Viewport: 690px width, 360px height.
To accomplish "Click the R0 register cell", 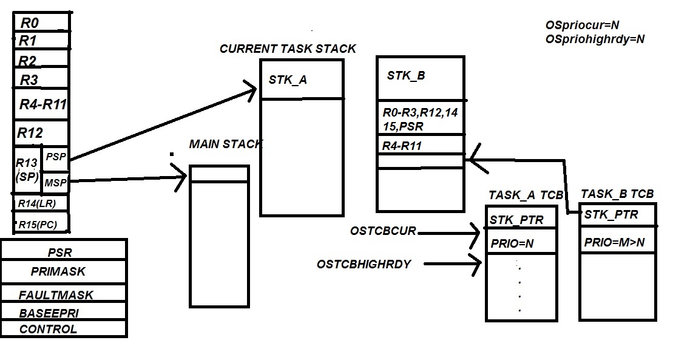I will [x=41, y=23].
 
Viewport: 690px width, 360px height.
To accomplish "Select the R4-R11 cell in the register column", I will [x=42, y=104].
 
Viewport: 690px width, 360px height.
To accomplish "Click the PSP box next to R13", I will [x=55, y=157].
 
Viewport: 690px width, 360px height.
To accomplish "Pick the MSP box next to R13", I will [x=55, y=182].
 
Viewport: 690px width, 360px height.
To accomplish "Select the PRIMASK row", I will [x=64, y=272].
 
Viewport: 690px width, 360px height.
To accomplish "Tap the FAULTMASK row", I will [x=64, y=295].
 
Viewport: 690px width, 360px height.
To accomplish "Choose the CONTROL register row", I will [x=64, y=329].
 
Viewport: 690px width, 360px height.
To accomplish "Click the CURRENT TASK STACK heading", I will [x=288, y=49].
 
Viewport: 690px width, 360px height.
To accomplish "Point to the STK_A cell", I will [x=301, y=79].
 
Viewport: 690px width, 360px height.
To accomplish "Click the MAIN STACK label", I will [x=225, y=144].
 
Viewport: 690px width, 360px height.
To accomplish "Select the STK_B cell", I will [x=420, y=76].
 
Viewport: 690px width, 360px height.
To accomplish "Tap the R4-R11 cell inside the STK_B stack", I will [x=420, y=145].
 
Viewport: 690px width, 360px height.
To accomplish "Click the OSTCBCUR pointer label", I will [x=382, y=231].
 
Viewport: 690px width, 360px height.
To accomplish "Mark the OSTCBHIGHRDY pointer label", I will [x=364, y=264].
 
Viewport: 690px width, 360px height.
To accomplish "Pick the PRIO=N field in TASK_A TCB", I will [x=520, y=244].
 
